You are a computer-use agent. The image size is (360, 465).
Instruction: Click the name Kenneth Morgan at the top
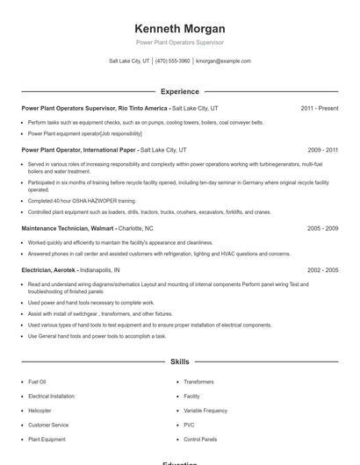pyautogui.click(x=179, y=29)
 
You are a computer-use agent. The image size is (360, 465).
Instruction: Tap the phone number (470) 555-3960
pyautogui.click(x=173, y=61)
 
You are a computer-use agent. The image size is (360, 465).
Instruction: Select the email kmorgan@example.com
pyautogui.click(x=223, y=61)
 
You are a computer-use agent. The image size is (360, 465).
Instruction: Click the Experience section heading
pyautogui.click(x=179, y=91)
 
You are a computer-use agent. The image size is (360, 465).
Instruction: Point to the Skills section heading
pyautogui.click(x=179, y=361)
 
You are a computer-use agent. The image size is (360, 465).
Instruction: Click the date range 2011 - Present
pyautogui.click(x=319, y=108)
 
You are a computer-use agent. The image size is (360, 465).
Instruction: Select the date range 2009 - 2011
pyautogui.click(x=322, y=150)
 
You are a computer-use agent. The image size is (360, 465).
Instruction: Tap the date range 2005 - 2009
pyautogui.click(x=322, y=228)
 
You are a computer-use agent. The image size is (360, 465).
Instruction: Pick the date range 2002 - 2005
pyautogui.click(x=322, y=270)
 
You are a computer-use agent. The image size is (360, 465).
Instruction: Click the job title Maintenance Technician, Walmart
pyautogui.click(x=68, y=228)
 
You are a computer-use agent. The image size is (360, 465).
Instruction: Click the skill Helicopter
pyautogui.click(x=40, y=411)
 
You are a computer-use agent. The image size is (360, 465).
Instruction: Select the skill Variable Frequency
pyautogui.click(x=205, y=411)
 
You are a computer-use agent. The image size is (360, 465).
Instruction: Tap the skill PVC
pyautogui.click(x=189, y=425)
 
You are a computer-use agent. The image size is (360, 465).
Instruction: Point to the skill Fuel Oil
pyautogui.click(x=37, y=383)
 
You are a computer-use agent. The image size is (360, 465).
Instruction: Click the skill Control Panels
pyautogui.click(x=200, y=439)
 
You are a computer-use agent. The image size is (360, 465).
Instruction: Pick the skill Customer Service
pyautogui.click(x=48, y=425)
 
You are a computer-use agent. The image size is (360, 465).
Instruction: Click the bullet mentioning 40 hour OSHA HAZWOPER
pyautogui.click(x=76, y=201)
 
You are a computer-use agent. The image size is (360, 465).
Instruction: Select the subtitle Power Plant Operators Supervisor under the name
pyautogui.click(x=179, y=42)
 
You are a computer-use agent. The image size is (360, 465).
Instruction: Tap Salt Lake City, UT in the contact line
pyautogui.click(x=130, y=61)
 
